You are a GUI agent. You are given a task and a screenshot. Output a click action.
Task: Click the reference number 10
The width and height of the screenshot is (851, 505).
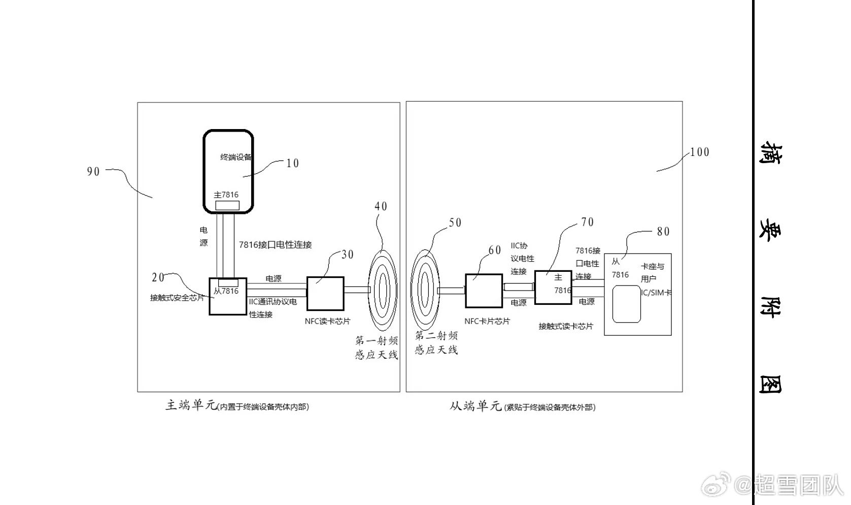click(293, 163)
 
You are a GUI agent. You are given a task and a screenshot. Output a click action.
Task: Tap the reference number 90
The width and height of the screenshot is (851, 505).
click(93, 172)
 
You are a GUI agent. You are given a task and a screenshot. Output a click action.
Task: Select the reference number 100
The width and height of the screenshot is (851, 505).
click(700, 152)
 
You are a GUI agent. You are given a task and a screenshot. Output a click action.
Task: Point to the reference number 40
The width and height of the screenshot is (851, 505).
click(381, 206)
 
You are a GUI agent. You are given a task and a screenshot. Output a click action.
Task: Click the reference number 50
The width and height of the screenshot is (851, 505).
click(455, 223)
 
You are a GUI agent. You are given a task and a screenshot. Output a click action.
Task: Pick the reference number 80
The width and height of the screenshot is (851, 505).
click(663, 232)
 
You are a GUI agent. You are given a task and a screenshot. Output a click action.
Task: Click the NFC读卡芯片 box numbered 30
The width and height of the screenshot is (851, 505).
click(325, 293)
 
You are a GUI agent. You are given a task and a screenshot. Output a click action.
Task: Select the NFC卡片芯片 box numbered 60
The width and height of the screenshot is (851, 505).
click(484, 291)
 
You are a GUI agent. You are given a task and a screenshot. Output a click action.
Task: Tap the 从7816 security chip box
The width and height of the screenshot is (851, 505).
click(228, 297)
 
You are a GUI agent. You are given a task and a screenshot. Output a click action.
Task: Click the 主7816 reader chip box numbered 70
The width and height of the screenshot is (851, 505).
click(553, 287)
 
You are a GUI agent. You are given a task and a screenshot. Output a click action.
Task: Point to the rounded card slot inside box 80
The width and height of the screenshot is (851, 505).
click(626, 304)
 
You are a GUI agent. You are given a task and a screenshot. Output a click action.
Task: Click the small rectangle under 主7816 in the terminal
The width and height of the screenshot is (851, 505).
click(227, 205)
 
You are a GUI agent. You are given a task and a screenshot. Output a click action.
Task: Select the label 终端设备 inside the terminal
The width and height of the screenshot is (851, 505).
click(235, 157)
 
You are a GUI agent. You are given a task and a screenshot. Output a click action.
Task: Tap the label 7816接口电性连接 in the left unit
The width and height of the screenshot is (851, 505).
click(275, 245)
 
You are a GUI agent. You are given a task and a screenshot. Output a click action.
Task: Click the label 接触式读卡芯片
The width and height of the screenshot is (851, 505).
click(566, 326)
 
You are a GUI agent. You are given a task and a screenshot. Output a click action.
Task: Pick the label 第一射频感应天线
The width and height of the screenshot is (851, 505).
click(377, 348)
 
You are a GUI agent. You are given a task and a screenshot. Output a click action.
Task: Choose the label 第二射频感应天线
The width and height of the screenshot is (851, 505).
click(436, 342)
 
